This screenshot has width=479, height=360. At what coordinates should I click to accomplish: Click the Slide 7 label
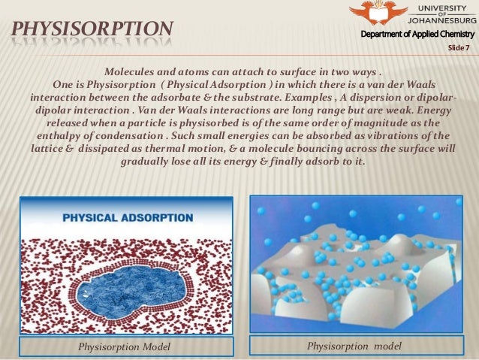pyautogui.click(x=457, y=48)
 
